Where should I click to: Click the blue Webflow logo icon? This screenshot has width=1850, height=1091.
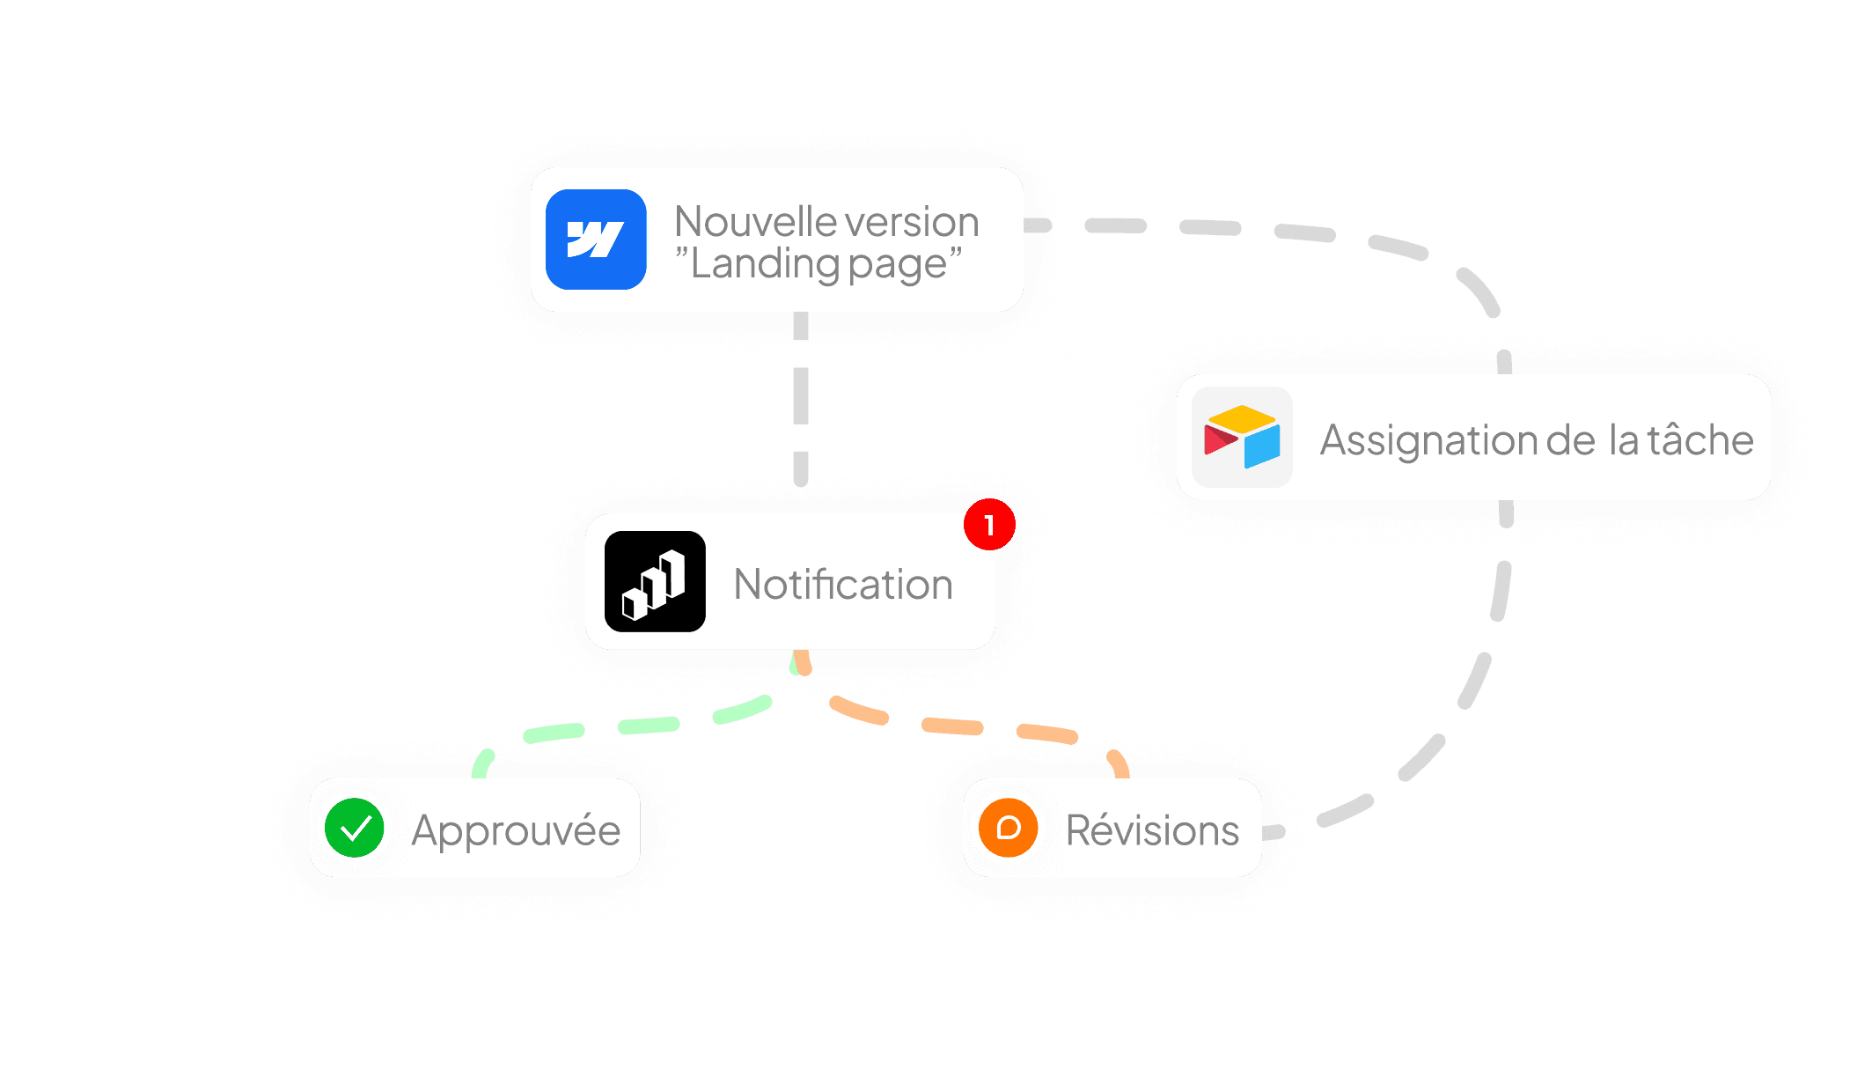pyautogui.click(x=596, y=240)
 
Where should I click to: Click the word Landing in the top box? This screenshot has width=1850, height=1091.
pyautogui.click(x=761, y=264)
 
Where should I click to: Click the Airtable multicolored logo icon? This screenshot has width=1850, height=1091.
pyautogui.click(x=1242, y=438)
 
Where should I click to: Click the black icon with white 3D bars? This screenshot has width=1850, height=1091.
pyautogui.click(x=655, y=582)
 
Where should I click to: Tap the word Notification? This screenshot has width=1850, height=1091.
pyautogui.click(x=843, y=585)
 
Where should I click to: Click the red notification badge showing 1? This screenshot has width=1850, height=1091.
pyautogui.click(x=989, y=525)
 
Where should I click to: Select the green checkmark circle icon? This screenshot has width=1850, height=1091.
pyautogui.click(x=354, y=828)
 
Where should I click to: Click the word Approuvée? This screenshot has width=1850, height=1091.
pyautogui.click(x=516, y=830)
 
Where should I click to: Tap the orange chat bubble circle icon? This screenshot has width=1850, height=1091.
pyautogui.click(x=1008, y=828)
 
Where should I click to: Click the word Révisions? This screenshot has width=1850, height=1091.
pyautogui.click(x=1152, y=830)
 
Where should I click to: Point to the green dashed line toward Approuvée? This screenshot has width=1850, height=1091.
pyautogui.click(x=648, y=725)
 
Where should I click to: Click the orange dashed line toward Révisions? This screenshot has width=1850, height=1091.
pyautogui.click(x=951, y=726)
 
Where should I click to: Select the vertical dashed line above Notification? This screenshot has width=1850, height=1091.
pyautogui.click(x=801, y=396)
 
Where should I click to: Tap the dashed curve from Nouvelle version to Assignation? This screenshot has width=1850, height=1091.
pyautogui.click(x=1304, y=232)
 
